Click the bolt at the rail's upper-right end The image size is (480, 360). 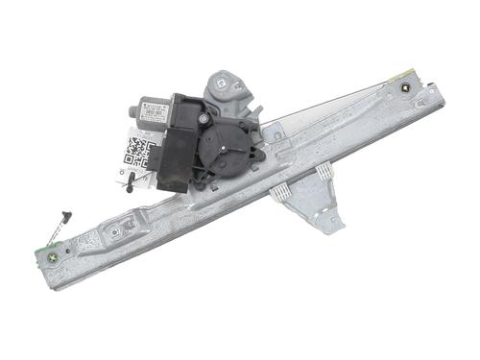[x=411, y=89]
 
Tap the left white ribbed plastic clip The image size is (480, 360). [x=281, y=192]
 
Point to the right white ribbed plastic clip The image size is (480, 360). [x=324, y=170]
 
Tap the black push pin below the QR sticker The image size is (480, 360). [x=128, y=187]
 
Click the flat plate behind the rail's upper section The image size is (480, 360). [x=317, y=115]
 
